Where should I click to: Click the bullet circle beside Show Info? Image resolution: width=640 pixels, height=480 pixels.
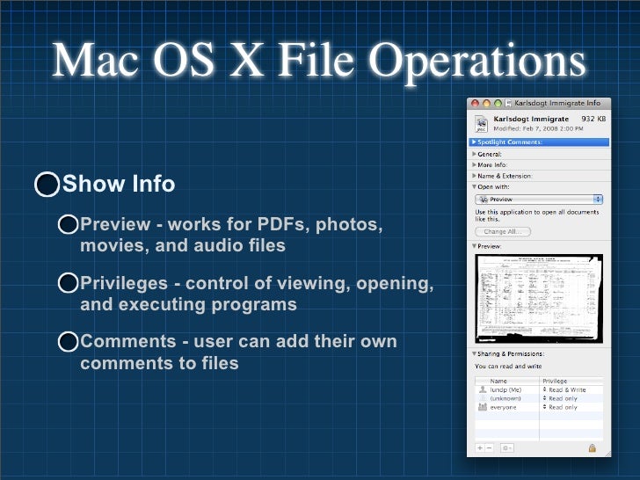(47, 185)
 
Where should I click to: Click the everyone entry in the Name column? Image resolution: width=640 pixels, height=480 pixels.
(504, 407)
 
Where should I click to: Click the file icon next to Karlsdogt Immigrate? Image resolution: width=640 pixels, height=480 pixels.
(481, 122)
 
